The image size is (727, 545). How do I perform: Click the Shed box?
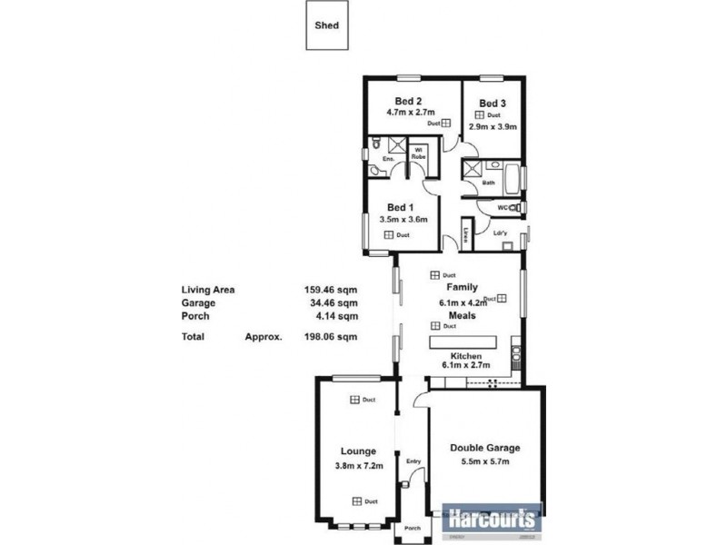326,26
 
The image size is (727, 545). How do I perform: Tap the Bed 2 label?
407,101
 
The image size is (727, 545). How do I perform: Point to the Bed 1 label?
401,206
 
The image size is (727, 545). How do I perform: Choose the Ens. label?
387,159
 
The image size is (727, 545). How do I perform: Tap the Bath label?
489,183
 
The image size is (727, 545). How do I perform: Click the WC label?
503,208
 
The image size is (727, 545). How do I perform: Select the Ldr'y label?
501,233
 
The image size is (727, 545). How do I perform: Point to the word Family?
462,287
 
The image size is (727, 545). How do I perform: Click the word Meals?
462,316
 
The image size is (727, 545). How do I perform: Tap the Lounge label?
358,451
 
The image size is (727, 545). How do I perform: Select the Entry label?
413,461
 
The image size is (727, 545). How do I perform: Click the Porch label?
413,530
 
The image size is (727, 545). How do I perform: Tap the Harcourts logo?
492,520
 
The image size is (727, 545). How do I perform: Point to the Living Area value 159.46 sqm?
330,290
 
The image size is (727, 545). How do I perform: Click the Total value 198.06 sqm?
330,336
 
